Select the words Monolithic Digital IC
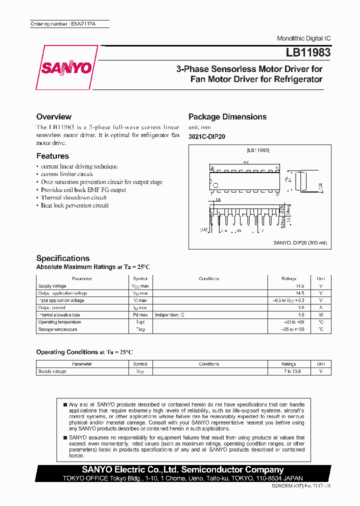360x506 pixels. [303, 38]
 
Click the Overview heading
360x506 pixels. [54, 116]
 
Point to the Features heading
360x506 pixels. [52, 156]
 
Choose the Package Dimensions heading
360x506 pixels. [227, 116]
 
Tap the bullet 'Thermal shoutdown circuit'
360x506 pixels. [73, 197]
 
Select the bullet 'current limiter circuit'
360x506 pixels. [67, 174]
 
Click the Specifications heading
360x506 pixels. [63, 258]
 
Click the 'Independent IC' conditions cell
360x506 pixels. [169, 315]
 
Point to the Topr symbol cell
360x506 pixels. [140, 322]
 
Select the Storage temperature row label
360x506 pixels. [58, 329]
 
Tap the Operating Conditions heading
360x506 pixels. [84, 352]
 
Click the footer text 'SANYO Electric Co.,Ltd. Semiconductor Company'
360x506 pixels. [172, 469]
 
